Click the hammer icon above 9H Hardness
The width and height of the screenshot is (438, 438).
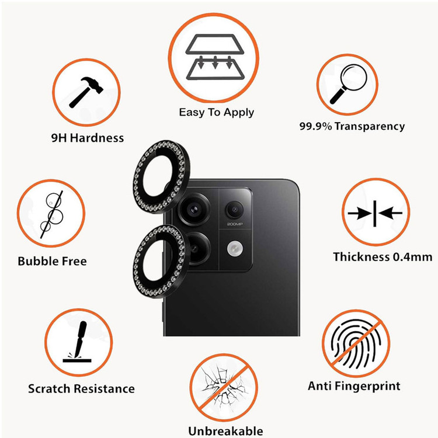[86, 92]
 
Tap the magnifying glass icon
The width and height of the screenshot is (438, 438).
[348, 84]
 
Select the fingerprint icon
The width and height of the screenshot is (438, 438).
[356, 343]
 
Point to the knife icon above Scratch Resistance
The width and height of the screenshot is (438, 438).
[77, 342]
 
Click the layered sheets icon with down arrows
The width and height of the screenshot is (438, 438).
[214, 57]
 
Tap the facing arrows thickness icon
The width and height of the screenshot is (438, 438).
[375, 213]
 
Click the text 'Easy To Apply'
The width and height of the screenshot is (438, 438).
[217, 113]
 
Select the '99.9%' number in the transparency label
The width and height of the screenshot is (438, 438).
[316, 126]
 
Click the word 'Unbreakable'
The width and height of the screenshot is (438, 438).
[225, 431]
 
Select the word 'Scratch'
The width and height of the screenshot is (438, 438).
[49, 388]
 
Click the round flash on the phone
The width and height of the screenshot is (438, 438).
[235, 249]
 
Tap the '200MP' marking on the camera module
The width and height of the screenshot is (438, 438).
[235, 224]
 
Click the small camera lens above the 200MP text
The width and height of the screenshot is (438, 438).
[234, 210]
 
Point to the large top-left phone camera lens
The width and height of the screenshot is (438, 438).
[194, 210]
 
